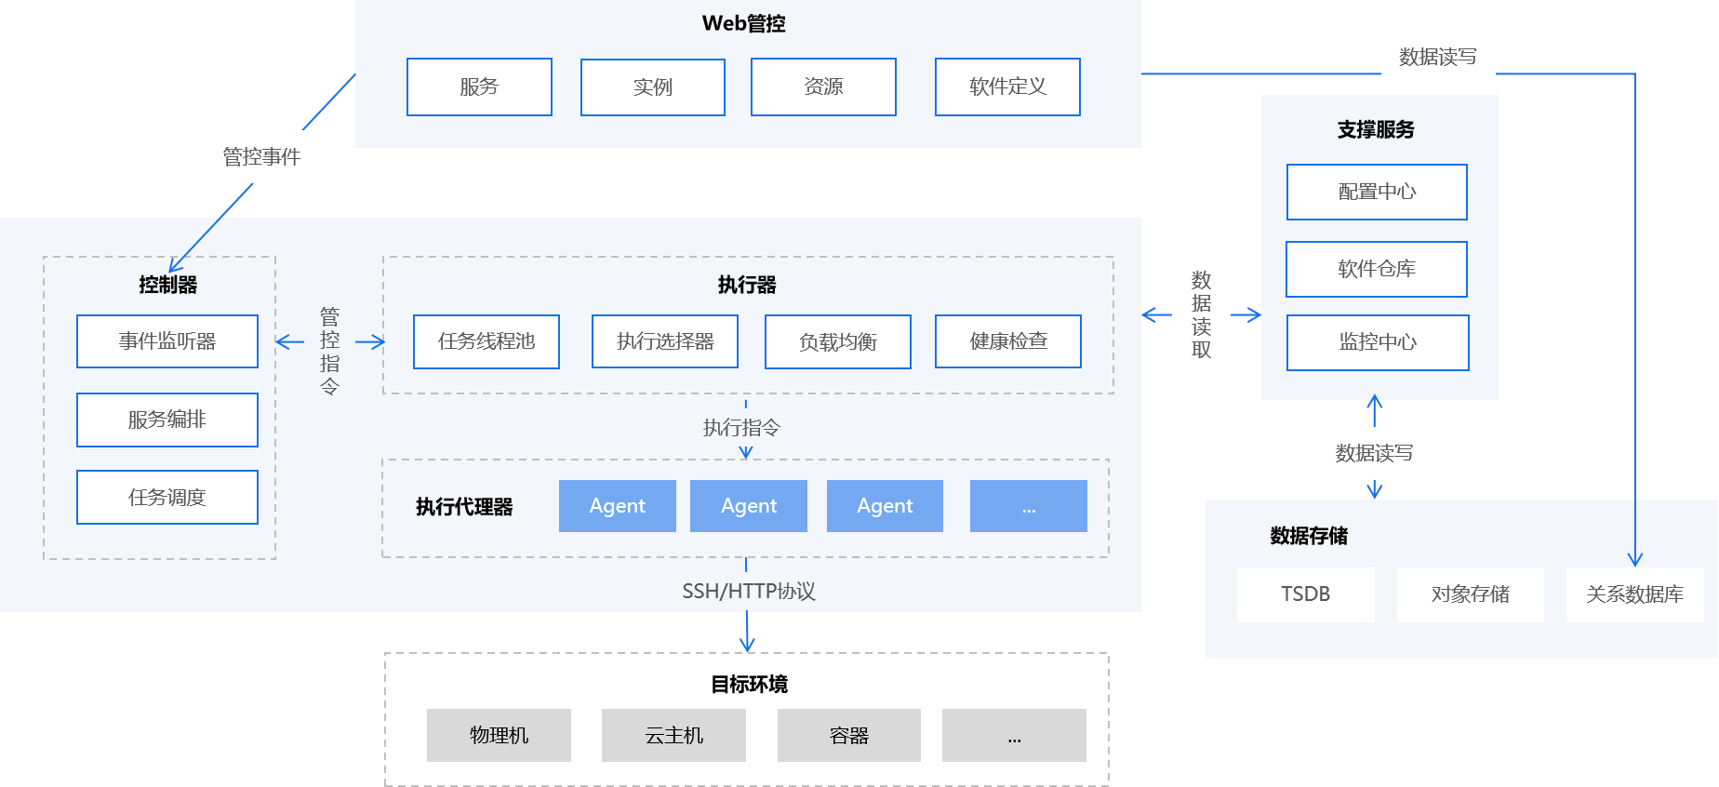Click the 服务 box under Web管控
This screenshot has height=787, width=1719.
coord(479,87)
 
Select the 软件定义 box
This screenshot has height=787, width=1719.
coord(1007,87)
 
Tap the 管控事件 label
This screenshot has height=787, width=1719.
coord(261,156)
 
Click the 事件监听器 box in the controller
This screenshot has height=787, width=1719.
coord(167,341)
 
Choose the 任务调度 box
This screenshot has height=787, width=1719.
coord(167,497)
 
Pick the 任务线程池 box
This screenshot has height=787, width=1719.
coord(486,341)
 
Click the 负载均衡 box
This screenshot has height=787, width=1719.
coord(837,341)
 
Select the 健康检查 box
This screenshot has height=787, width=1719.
coord(1008,341)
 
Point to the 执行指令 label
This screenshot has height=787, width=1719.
coord(741,427)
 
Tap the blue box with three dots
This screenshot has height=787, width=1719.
coord(1028,506)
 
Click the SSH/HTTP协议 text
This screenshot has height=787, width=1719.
coord(748,591)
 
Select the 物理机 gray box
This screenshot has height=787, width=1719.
coord(499,735)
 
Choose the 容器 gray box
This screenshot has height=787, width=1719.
coord(848,735)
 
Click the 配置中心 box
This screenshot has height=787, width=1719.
coord(1377,192)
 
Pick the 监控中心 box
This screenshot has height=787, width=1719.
coord(1378,342)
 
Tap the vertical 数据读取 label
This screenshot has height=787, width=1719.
coord(1201,314)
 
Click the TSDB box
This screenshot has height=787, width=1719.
coord(1305,594)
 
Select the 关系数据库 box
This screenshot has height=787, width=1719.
coord(1634,594)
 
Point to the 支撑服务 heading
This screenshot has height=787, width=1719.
coord(1376,129)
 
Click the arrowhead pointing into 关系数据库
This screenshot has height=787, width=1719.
coord(1635,560)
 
